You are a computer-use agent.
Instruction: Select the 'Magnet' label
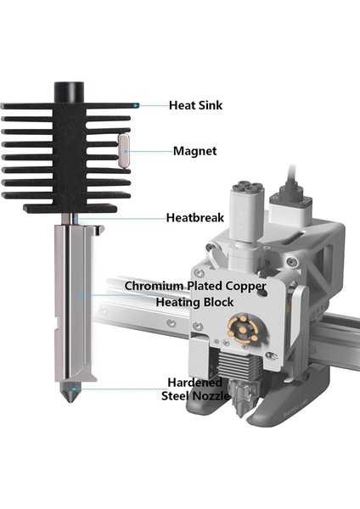(x=194, y=152)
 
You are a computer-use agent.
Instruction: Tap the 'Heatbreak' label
(x=195, y=218)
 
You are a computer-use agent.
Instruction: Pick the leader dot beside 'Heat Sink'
(x=136, y=106)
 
